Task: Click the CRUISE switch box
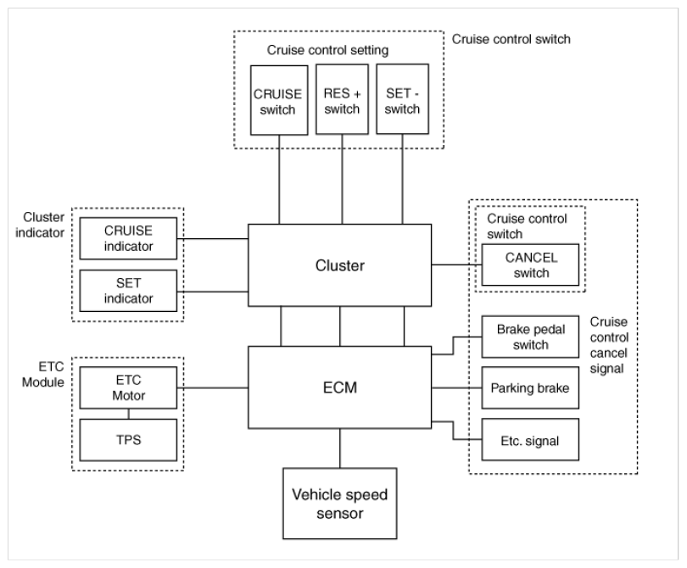click(279, 100)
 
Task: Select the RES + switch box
click(342, 99)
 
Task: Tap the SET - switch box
click(402, 99)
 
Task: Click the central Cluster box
click(339, 265)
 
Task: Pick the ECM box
click(339, 387)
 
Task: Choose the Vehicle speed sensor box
click(339, 504)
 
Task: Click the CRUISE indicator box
click(128, 238)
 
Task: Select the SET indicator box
click(128, 290)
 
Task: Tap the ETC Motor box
click(128, 387)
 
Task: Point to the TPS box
click(128, 440)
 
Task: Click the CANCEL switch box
click(530, 265)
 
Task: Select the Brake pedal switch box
click(530, 337)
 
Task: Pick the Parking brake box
click(530, 388)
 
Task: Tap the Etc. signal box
click(530, 440)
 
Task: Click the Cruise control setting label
click(327, 50)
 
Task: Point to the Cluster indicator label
click(40, 225)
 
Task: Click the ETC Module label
click(43, 375)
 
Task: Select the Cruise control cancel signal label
click(609, 345)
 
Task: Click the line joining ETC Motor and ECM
click(213, 387)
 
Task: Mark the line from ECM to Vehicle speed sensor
click(339, 448)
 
